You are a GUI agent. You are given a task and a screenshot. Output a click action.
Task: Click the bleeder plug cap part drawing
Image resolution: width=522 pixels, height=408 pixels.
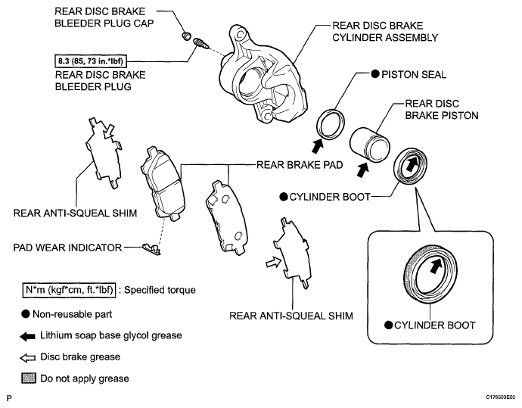187,35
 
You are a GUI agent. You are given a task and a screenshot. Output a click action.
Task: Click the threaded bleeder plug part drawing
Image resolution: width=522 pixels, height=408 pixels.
200,43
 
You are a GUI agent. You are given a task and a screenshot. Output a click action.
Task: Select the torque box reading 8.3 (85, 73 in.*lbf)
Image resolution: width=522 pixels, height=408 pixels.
91,61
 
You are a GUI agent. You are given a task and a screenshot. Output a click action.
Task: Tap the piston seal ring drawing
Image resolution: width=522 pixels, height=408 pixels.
331,124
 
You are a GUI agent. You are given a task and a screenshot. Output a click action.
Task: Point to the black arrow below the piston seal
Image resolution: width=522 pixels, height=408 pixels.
317,146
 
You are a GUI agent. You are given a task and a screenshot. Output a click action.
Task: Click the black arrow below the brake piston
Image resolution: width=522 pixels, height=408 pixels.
362,170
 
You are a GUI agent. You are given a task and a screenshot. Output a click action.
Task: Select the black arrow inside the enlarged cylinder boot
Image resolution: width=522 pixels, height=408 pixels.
437,265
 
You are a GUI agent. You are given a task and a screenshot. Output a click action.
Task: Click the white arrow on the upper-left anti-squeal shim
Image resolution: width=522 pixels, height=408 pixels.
108,131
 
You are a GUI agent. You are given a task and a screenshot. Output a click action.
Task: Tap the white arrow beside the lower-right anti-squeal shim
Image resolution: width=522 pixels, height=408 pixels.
273,263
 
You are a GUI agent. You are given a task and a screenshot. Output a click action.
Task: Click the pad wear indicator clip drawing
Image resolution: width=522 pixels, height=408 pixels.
151,249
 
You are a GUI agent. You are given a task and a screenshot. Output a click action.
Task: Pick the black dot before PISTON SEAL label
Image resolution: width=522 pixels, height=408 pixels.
375,74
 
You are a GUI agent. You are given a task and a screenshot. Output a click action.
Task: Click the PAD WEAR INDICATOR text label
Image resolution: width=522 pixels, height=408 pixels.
67,248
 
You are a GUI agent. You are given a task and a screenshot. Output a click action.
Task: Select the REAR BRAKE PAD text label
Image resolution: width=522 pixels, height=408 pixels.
300,165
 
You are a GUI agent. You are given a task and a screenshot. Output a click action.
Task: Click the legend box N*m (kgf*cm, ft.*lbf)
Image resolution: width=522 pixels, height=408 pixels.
70,290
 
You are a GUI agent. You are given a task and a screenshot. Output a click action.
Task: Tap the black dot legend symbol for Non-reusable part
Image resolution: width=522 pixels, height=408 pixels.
26,314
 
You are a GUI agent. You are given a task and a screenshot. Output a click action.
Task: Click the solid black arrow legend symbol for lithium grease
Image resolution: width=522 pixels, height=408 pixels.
28,336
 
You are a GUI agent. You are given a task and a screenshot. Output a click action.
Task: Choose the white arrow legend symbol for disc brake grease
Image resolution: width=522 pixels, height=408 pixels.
28,358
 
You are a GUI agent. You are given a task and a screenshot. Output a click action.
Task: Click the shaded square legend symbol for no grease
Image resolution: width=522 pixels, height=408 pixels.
29,378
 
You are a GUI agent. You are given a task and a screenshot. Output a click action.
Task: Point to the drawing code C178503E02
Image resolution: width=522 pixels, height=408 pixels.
500,397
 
